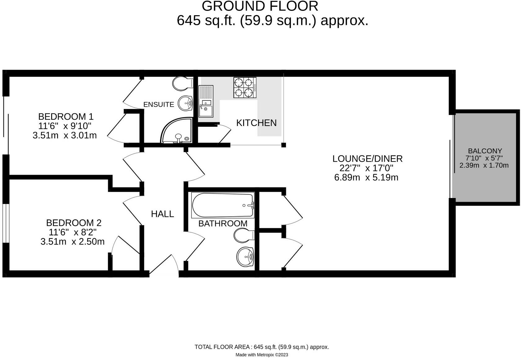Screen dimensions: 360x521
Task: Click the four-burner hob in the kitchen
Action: (245, 88)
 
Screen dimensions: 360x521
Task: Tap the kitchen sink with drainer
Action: (206, 101)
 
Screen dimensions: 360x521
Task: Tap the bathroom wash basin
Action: (245, 257)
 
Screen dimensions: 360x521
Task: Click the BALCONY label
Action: (485, 151)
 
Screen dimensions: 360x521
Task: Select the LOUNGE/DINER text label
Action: (367, 159)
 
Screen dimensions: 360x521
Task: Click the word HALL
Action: (163, 214)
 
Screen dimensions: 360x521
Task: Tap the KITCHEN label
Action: (256, 123)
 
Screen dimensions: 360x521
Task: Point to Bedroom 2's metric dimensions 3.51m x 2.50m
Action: (73, 241)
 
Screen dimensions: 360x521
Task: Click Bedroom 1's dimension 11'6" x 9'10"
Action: (65, 126)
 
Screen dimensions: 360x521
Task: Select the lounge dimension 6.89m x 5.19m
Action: (366, 178)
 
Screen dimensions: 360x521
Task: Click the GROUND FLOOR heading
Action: (260, 6)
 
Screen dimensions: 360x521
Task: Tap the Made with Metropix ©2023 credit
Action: (262, 355)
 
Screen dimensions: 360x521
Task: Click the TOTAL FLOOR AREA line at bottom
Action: (262, 347)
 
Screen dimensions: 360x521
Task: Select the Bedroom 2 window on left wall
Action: (5, 223)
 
